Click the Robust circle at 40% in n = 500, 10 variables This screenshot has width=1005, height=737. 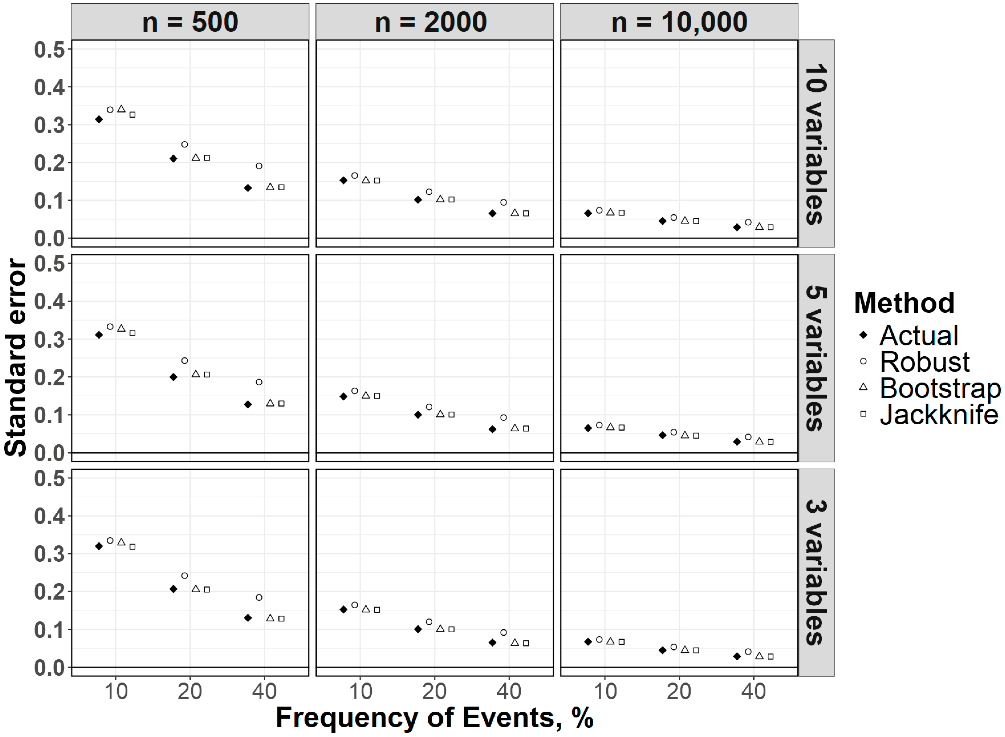259,166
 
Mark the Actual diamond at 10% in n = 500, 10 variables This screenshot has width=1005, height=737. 99,119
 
